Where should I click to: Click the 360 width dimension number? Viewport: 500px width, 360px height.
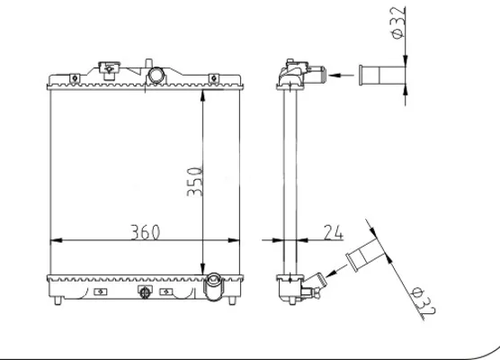145,232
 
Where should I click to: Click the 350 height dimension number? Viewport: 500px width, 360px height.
195,182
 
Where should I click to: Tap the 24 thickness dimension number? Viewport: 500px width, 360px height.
334,232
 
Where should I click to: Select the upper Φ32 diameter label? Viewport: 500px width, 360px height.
398,23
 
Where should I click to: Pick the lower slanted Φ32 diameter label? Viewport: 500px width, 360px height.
424,301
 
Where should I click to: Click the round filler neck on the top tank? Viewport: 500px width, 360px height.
156,76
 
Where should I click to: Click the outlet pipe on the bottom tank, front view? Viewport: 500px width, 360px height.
214,286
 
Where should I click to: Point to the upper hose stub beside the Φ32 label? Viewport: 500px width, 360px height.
382,76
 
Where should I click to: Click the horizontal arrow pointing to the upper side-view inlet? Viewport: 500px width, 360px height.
341,76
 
